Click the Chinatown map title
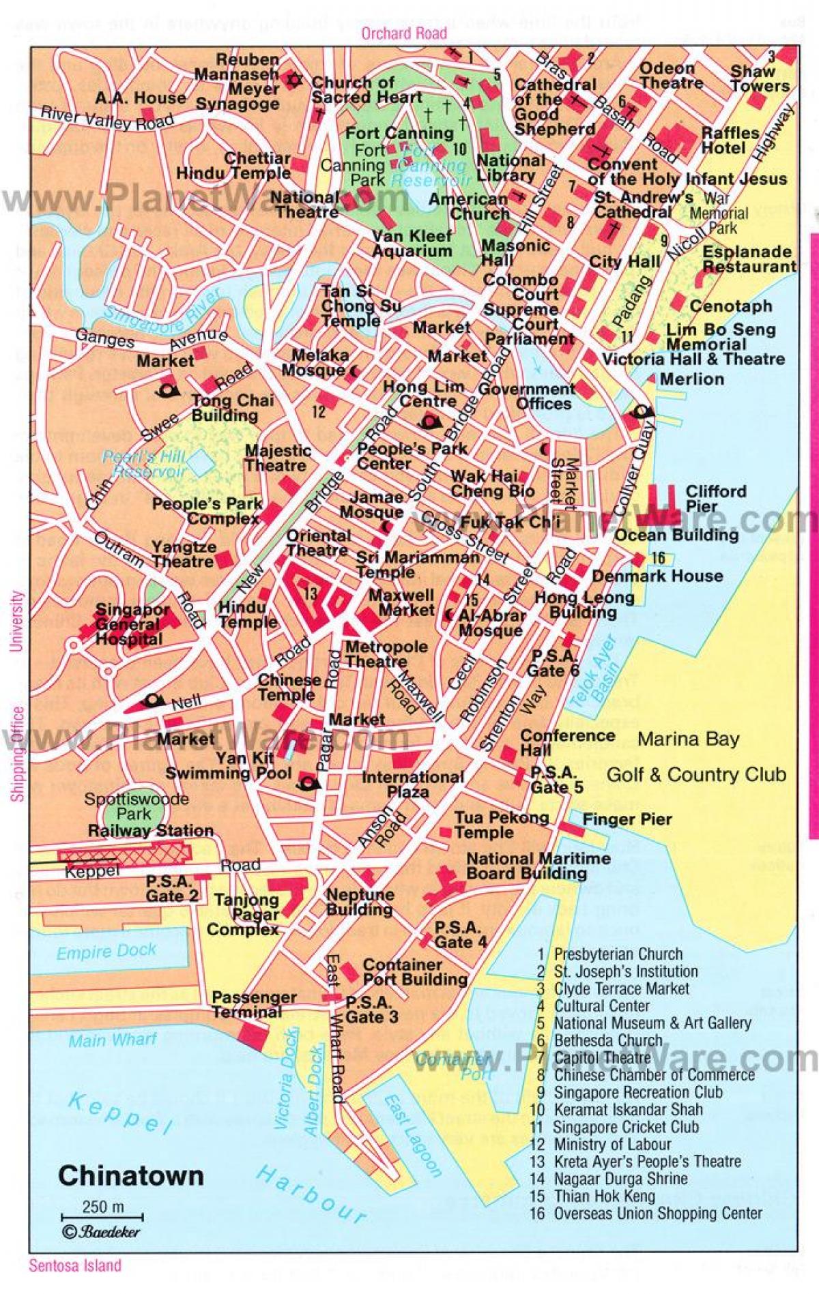click(131, 1175)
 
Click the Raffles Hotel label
click(730, 140)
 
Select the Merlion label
click(692, 379)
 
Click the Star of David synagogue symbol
click(295, 80)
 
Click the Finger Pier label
click(627, 819)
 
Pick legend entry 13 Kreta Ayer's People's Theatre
click(638, 1161)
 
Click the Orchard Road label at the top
click(404, 33)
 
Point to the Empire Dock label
click(106, 951)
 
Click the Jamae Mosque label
click(371, 505)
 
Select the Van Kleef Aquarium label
click(412, 244)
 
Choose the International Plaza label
click(412, 784)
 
